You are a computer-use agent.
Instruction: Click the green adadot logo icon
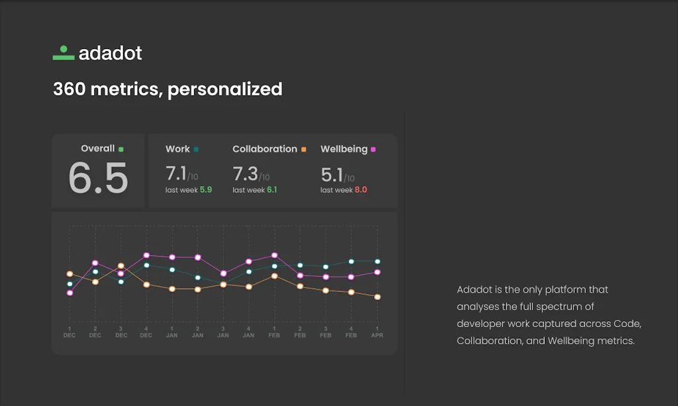64,54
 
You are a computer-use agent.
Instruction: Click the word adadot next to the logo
110,54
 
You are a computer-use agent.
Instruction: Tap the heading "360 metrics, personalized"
168,89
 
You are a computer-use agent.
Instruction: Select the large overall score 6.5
98,178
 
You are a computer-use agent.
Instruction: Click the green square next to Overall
121,149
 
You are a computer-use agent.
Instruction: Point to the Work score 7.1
176,174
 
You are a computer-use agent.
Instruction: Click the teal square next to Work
196,150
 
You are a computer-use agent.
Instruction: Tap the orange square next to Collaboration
303,150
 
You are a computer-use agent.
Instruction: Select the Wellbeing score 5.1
332,175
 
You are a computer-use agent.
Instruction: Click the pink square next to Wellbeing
373,150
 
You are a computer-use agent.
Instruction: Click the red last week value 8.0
360,190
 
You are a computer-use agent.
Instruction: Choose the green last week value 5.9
205,190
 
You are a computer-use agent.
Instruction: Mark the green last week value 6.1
271,190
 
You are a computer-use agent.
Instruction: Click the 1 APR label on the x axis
377,332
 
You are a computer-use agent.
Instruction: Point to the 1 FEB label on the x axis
274,332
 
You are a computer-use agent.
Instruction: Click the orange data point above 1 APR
377,297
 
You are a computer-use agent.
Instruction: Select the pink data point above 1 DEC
70,293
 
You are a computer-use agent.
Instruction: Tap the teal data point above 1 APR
377,262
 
